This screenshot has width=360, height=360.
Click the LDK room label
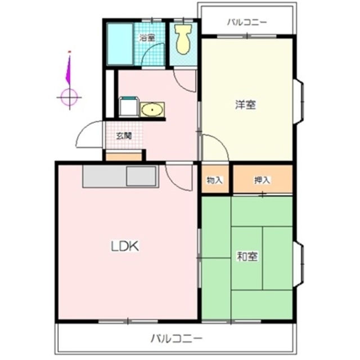click(x=124, y=246)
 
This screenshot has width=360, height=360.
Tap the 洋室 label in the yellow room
click(x=245, y=104)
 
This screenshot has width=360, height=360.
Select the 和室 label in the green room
click(x=247, y=256)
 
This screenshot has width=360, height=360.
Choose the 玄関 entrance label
click(x=124, y=136)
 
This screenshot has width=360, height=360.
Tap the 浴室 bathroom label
click(x=147, y=38)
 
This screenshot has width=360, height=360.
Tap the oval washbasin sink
click(x=151, y=109)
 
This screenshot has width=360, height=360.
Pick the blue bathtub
click(x=120, y=43)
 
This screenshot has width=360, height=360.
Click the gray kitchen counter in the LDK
click(x=121, y=177)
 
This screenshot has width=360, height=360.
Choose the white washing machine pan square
click(x=128, y=107)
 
